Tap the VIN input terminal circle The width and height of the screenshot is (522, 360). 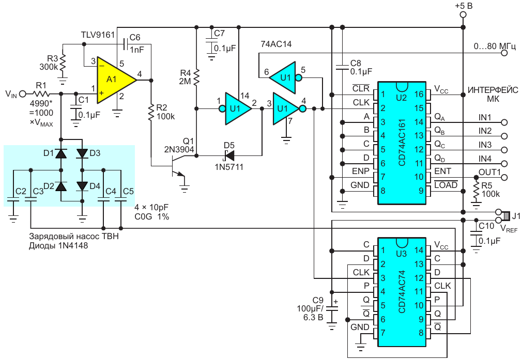point(22,93)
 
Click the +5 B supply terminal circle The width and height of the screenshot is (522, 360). point(463,15)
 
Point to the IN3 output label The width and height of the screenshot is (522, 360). point(485,144)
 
